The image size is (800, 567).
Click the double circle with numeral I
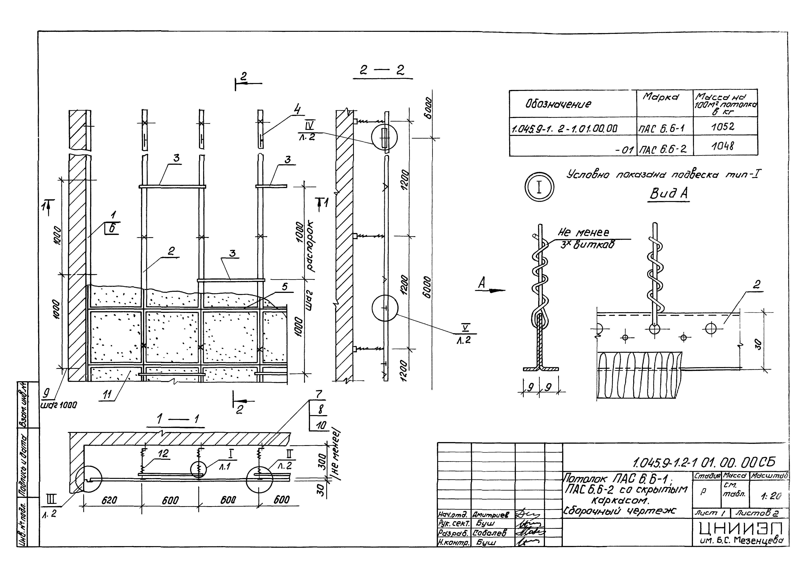[x=539, y=187]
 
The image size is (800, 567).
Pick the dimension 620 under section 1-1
[x=109, y=500]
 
